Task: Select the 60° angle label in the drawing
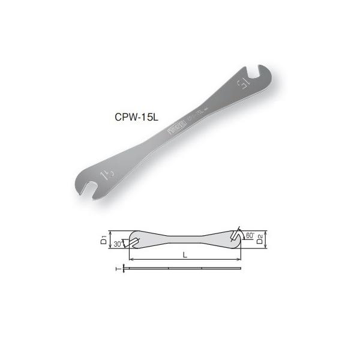[250, 236]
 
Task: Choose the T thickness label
[116, 269]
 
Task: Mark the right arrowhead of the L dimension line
[239, 259]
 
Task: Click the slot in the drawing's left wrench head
[134, 242]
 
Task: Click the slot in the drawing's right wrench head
[238, 235]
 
